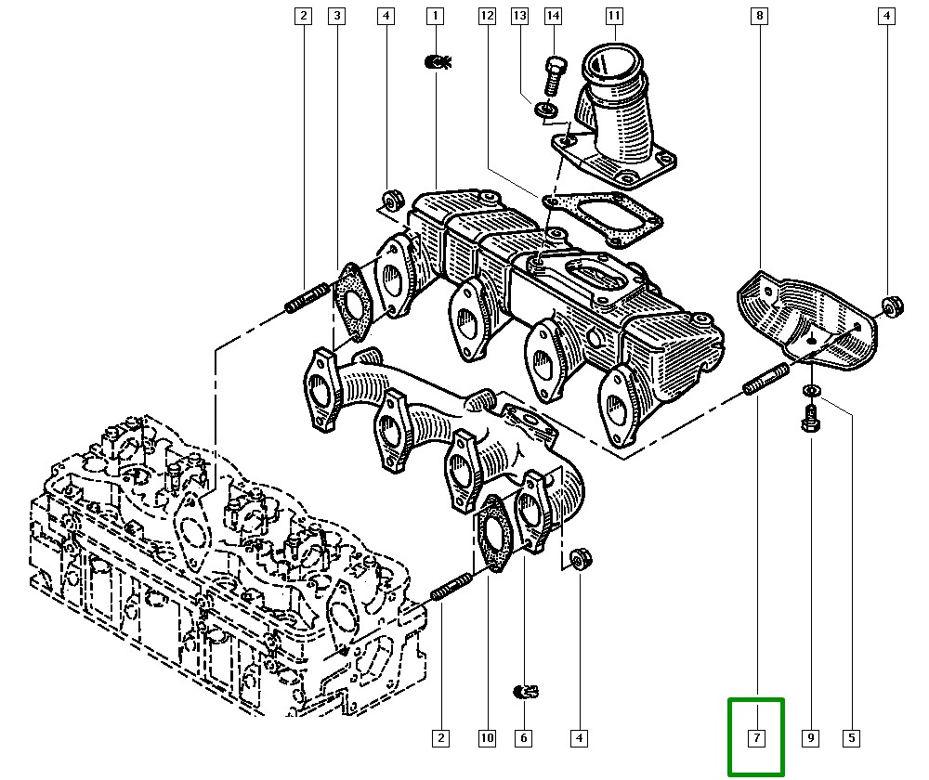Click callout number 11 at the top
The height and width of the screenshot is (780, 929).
click(614, 16)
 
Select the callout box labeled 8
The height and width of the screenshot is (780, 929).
click(760, 16)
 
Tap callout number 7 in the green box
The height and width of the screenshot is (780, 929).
click(756, 738)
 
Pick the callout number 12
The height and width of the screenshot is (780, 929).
click(487, 16)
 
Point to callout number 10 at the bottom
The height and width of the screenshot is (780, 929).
click(487, 738)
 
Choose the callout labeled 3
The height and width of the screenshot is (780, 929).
click(336, 16)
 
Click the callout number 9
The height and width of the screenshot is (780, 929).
click(810, 738)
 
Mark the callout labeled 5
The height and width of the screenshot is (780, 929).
click(851, 738)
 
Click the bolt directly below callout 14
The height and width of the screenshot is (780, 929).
click(554, 76)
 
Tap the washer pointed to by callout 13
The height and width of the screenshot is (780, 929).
click(546, 110)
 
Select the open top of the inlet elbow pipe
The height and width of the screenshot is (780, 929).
click(612, 63)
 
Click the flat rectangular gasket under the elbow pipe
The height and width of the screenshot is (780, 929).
click(602, 218)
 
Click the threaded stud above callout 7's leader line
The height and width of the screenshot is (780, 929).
click(765, 380)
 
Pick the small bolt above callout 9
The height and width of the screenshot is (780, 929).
click(810, 418)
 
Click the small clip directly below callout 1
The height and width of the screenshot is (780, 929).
click(438, 61)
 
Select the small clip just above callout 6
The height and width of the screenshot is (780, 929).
click(525, 691)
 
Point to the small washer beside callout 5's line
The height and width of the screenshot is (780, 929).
click(810, 391)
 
